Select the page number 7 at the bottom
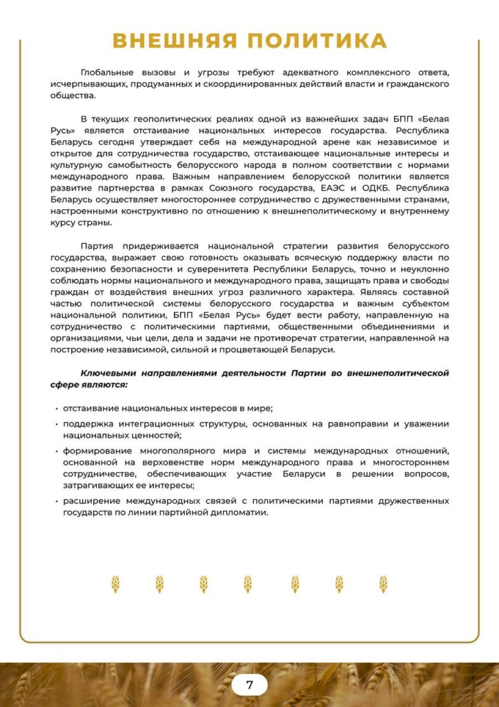pyautogui.click(x=249, y=685)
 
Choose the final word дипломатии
pyautogui.click(x=244, y=513)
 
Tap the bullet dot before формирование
pyautogui.click(x=56, y=450)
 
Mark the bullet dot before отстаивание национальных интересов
pyautogui.click(x=56, y=408)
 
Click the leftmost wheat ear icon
pyautogui.click(x=115, y=584)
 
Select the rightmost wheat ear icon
pyautogui.click(x=383, y=584)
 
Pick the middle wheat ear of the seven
pyautogui.click(x=248, y=584)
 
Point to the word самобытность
pyautogui.click(x=128, y=165)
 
